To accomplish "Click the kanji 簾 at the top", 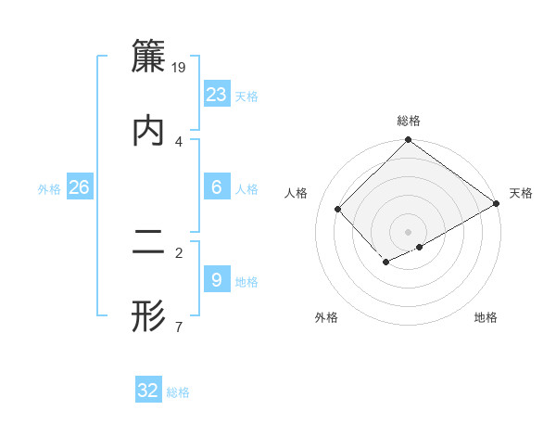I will click(x=148, y=57).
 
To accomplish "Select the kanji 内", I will click(x=148, y=131).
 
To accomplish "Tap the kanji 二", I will click(x=148, y=243).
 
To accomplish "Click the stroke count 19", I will click(x=180, y=67).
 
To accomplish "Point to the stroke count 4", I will click(x=179, y=141).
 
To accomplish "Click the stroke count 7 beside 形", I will click(x=178, y=327).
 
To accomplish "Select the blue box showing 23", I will click(x=217, y=95).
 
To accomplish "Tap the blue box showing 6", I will click(x=217, y=187).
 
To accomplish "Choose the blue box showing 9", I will click(x=217, y=280).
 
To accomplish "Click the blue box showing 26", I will click(x=80, y=187).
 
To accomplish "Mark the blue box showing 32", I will click(x=148, y=391).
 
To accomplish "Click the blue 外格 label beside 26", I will click(x=49, y=189).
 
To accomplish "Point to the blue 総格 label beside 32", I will click(x=178, y=392).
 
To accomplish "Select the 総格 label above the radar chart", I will click(x=409, y=122).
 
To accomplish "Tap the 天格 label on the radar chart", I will click(x=521, y=193).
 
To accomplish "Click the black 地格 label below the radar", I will click(x=486, y=318).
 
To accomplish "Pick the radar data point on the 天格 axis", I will click(x=497, y=203).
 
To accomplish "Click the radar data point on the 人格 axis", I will click(x=338, y=209).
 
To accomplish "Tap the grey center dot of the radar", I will click(x=409, y=231).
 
